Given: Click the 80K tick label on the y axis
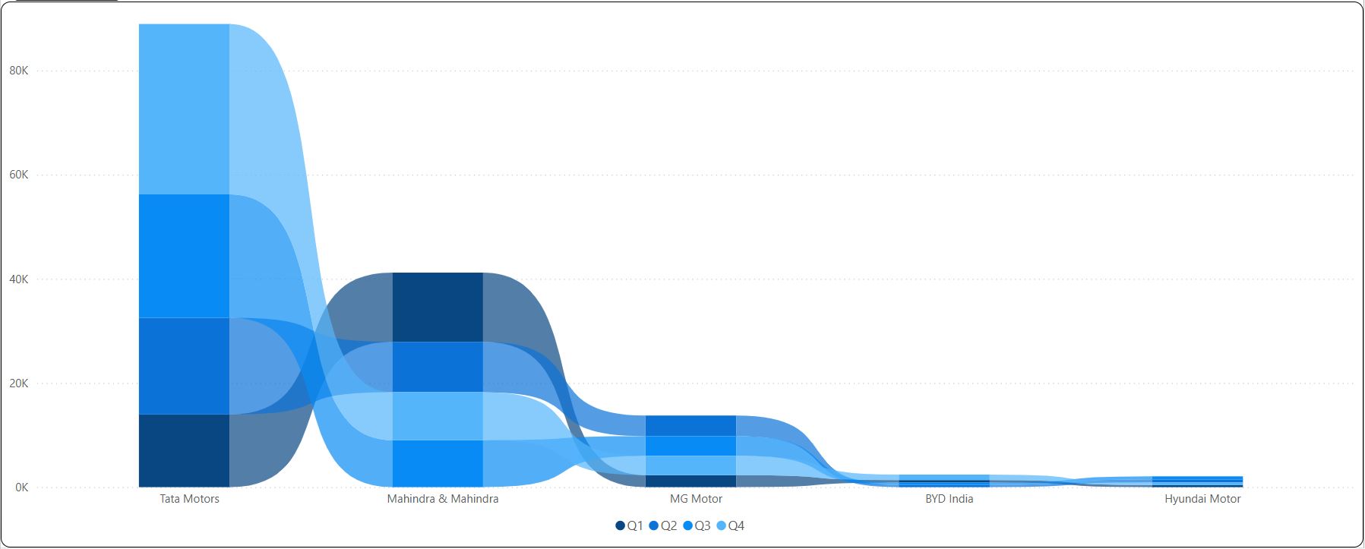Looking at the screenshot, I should click(19, 71).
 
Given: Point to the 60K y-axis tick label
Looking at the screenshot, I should click(19, 175).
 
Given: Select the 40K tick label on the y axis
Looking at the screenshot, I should click(19, 279).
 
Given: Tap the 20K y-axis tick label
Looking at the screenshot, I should click(19, 383).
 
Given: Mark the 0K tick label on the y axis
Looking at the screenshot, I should click(21, 487).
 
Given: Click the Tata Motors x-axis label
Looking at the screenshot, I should click(189, 499).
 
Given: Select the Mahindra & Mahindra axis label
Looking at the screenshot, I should click(443, 499).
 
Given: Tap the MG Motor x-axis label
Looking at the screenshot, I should click(696, 499).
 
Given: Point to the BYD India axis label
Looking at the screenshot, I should click(949, 499).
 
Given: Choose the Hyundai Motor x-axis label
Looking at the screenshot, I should click(1202, 499).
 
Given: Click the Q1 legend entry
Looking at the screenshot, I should click(630, 525).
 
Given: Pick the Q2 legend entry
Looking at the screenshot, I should click(663, 525).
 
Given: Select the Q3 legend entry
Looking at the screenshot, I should click(697, 525).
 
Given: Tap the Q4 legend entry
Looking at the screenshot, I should click(731, 525).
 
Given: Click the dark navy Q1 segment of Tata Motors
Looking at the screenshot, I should click(184, 450).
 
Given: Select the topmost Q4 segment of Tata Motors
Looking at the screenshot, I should click(184, 109).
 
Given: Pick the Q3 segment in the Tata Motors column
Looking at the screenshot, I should click(184, 256).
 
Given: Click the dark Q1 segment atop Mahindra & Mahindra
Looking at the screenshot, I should click(438, 307).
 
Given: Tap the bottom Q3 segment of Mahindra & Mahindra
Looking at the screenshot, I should click(438, 463).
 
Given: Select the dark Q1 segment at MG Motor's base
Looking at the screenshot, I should click(690, 481).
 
